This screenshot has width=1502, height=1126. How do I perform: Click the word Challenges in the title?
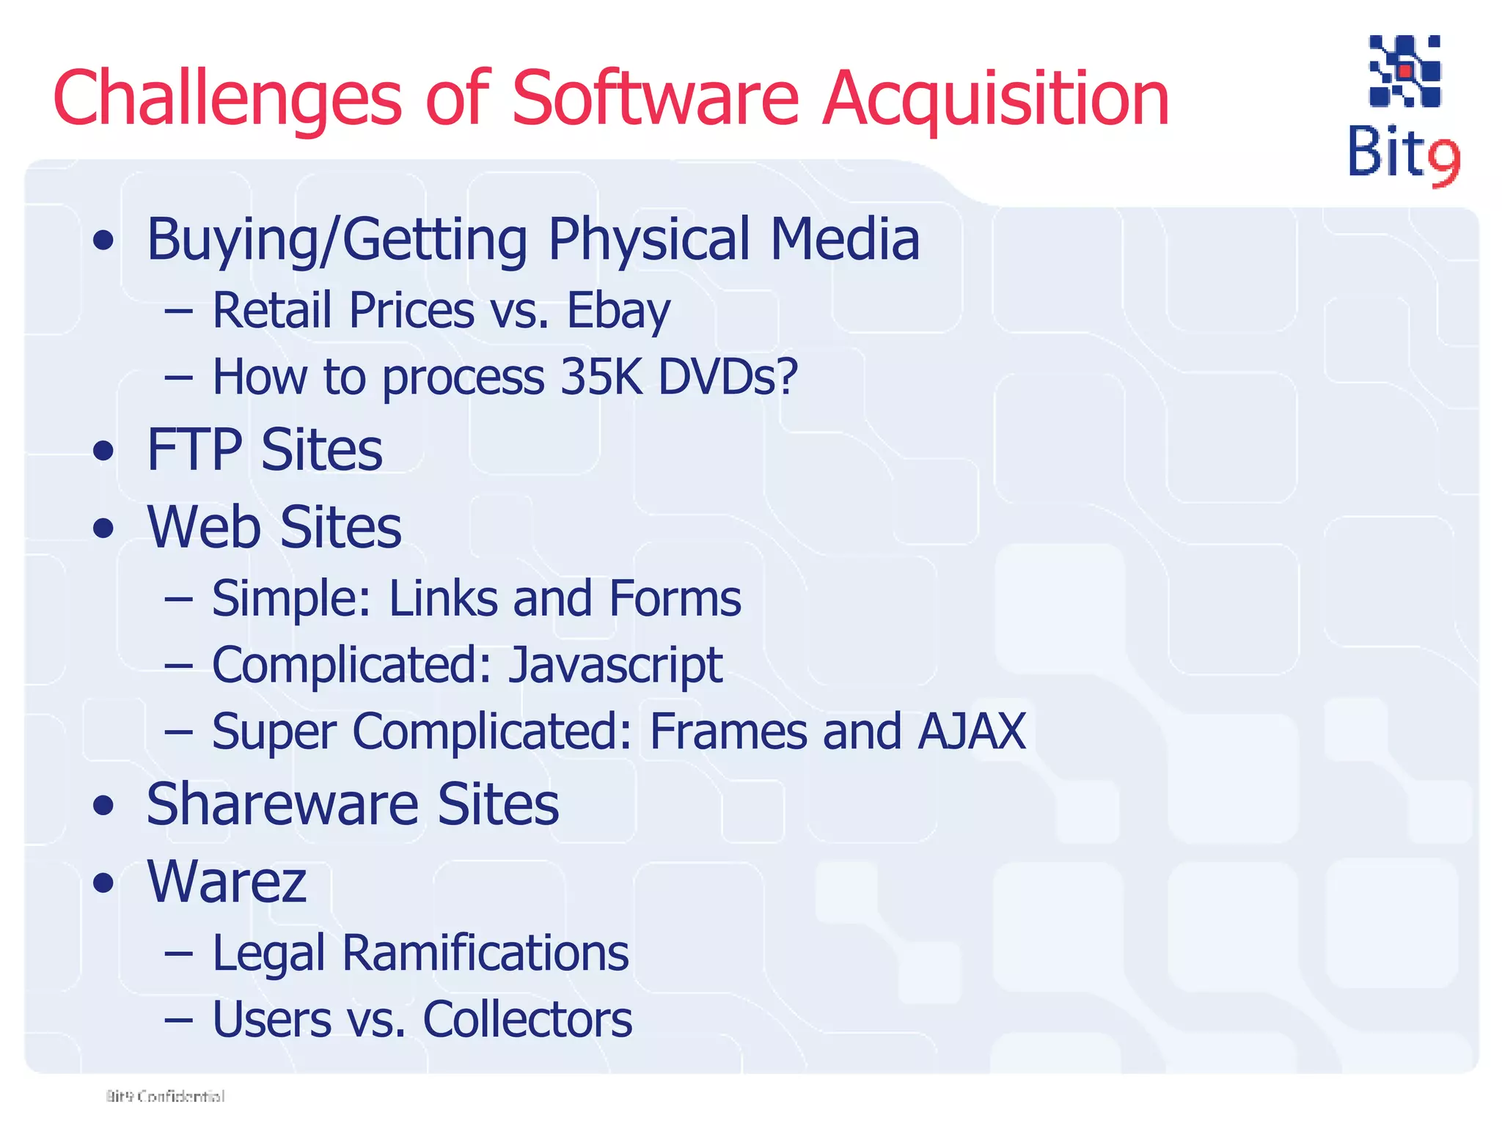tap(227, 99)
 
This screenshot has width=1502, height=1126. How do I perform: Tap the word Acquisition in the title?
tap(995, 99)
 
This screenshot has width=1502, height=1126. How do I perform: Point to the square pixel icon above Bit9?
tap(1404, 71)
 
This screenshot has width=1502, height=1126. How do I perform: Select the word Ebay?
tap(618, 311)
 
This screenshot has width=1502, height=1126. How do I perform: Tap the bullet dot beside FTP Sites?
tap(104, 451)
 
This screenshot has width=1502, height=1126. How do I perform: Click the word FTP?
tap(194, 449)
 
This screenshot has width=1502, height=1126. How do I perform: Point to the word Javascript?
tap(615, 665)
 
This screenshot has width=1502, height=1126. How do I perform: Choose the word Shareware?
tap(282, 804)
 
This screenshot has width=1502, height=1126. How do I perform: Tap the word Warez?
tap(227, 881)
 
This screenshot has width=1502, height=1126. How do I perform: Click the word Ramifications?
tap(486, 953)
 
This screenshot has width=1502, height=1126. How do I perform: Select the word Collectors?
tap(527, 1019)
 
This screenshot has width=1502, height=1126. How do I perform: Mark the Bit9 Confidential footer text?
tap(166, 1096)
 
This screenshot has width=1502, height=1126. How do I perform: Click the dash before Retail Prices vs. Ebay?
tap(179, 312)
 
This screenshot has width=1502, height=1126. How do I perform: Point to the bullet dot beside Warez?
tap(104, 883)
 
